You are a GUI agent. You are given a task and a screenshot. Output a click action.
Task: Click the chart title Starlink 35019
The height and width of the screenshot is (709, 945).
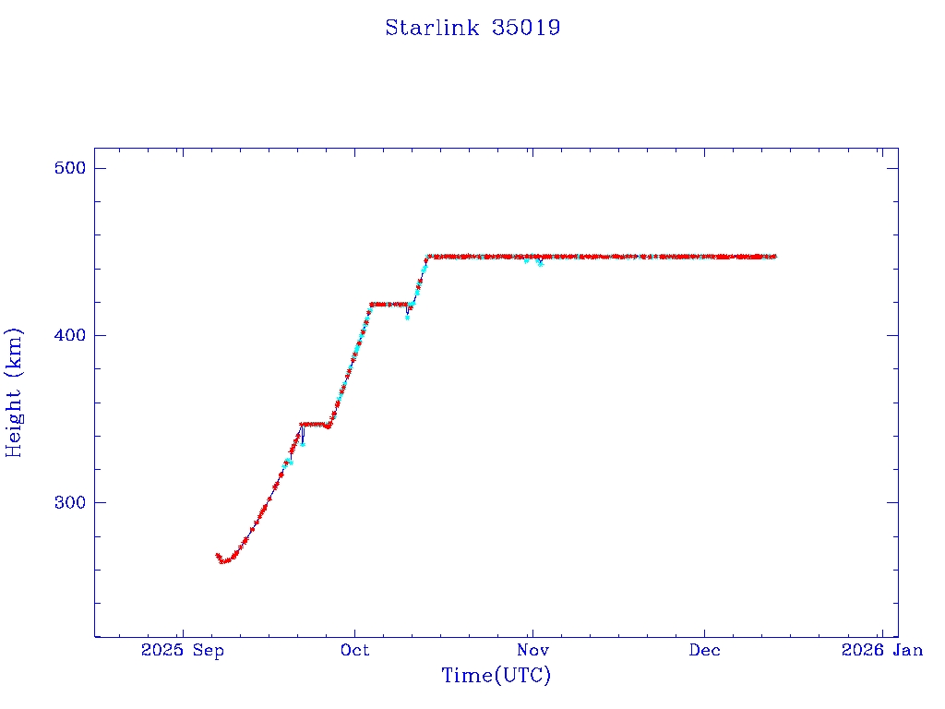tap(472, 28)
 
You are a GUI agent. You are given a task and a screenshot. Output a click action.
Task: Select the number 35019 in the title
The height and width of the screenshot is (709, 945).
tap(526, 28)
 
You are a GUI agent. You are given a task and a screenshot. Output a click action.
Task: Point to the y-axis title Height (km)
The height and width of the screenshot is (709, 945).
tap(15, 392)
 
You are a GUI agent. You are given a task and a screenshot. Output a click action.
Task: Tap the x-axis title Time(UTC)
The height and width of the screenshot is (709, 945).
tap(496, 676)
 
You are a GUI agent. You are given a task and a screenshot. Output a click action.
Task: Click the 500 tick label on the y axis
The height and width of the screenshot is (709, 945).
tap(68, 168)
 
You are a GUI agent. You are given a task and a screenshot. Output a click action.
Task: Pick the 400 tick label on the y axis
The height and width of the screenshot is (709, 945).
tap(68, 335)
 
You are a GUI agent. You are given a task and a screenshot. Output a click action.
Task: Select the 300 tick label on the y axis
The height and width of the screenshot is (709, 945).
tap(68, 502)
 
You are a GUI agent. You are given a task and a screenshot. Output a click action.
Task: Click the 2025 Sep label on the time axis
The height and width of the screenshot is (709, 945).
tap(182, 651)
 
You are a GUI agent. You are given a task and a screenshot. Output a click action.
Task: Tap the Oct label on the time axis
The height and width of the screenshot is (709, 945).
tap(355, 651)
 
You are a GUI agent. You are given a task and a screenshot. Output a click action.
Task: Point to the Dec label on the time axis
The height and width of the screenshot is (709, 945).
tap(704, 651)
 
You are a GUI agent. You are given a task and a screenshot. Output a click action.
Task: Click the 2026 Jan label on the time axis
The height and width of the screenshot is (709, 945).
tap(881, 651)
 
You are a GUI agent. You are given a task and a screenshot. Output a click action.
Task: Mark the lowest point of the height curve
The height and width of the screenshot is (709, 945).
tap(222, 560)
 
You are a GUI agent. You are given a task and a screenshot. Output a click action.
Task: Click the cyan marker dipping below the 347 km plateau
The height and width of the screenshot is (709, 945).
tap(302, 444)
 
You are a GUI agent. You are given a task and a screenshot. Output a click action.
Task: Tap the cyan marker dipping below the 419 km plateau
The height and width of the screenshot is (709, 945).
tap(407, 318)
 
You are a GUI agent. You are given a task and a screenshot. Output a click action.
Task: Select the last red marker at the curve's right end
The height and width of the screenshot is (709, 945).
tap(774, 256)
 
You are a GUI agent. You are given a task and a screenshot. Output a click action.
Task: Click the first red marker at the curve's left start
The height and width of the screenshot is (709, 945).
tap(217, 555)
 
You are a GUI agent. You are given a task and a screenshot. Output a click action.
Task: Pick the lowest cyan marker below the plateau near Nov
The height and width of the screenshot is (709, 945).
tap(541, 264)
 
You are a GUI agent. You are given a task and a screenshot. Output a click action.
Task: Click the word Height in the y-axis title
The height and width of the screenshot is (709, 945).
tap(15, 415)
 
